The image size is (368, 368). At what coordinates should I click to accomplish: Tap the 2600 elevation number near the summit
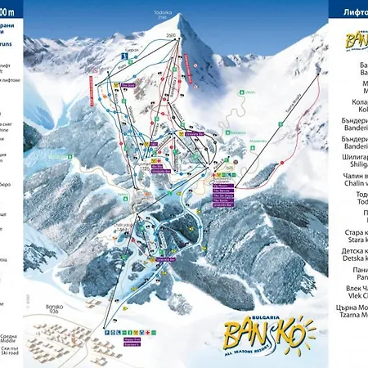(170, 36)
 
